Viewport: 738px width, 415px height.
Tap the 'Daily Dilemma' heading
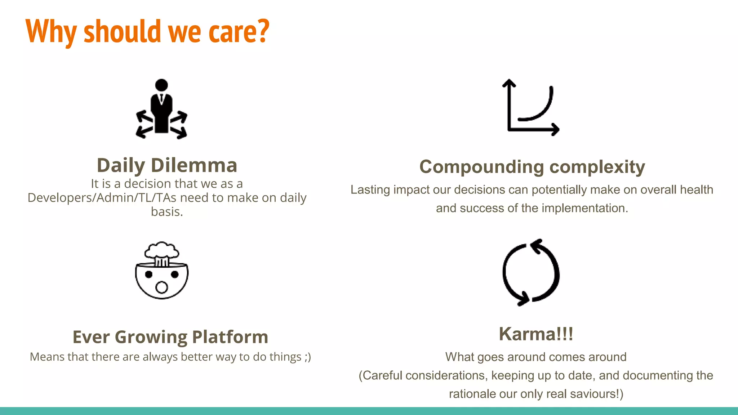coord(167,165)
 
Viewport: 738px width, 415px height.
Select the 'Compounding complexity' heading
coord(532,167)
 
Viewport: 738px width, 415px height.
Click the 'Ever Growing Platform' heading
coord(170,337)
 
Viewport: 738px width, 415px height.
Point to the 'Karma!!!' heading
coord(536,334)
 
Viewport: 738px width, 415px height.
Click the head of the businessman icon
coord(161,85)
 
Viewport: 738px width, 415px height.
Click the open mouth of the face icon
coord(162,287)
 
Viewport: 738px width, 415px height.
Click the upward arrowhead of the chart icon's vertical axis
coord(509,83)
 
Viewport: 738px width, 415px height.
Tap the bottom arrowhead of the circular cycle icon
coord(523,299)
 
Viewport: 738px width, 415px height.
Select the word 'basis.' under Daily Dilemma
coord(167,212)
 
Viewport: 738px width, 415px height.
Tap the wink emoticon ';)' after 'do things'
coord(307,357)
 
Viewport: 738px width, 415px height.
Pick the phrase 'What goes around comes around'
coord(536,357)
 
